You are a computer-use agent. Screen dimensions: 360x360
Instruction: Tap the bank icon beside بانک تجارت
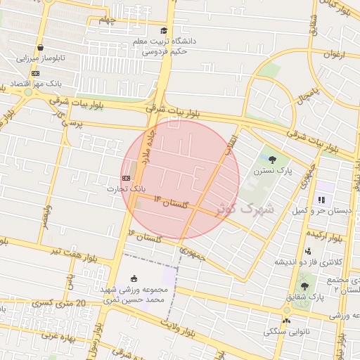coord(127,179)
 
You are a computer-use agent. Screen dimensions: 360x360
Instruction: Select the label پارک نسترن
coord(274,170)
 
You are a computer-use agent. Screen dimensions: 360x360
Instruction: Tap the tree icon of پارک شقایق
coord(304,286)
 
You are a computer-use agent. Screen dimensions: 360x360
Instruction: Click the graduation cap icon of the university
coord(165,31)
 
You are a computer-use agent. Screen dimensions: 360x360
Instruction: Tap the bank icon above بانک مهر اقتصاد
coord(35,73)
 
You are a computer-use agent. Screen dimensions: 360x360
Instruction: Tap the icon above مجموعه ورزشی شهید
coord(134,279)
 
